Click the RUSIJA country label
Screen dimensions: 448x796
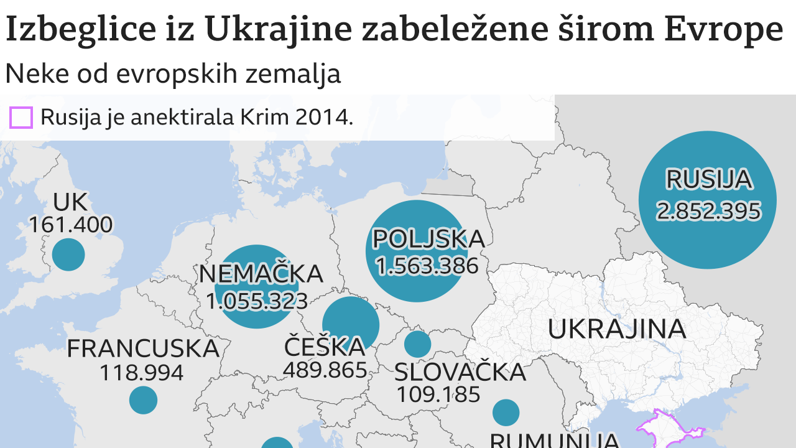(x=708, y=179)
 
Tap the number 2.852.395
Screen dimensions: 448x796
(x=708, y=211)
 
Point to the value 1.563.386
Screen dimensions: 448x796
(x=427, y=266)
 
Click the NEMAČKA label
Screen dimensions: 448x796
(x=261, y=274)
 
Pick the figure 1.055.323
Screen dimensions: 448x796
(x=257, y=301)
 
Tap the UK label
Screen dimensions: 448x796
(x=70, y=202)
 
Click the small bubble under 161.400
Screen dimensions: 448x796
(x=68, y=254)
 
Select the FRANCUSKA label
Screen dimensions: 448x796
(x=143, y=348)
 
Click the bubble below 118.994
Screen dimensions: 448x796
(x=143, y=399)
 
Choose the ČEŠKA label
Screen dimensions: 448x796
(x=325, y=347)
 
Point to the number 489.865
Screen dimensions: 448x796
(x=325, y=370)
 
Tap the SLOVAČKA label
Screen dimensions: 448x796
(x=460, y=372)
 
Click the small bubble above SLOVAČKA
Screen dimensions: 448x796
(x=417, y=344)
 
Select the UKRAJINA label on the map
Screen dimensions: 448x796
(x=616, y=329)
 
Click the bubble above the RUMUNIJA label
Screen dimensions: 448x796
(x=506, y=413)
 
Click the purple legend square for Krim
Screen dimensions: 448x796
(x=21, y=118)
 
